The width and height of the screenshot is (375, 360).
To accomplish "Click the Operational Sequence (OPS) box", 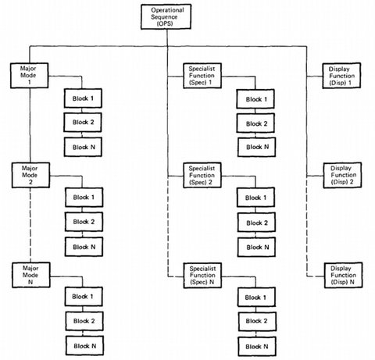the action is (166, 16).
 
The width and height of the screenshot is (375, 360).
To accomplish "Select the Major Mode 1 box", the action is (29, 76).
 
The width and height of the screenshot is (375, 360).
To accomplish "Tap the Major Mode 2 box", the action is (30, 175).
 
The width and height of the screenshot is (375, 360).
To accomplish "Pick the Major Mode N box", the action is (31, 275).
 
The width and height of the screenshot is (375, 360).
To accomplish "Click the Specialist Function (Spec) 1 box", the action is (202, 76).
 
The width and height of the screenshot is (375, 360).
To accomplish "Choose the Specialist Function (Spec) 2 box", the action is (202, 175).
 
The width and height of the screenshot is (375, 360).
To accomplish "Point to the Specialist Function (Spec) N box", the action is (202, 276).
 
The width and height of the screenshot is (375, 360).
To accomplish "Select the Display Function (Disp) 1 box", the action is (341, 76).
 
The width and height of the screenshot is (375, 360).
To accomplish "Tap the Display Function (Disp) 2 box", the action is (342, 176).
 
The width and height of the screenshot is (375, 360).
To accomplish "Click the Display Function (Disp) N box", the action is (343, 275).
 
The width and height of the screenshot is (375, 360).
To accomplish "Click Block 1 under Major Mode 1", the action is (83, 98).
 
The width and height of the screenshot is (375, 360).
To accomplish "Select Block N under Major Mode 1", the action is (83, 147).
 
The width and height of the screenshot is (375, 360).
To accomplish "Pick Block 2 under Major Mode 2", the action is (84, 222).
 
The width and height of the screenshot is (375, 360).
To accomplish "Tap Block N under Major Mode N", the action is (84, 346).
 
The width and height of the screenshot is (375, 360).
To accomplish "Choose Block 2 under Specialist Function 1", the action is (255, 123).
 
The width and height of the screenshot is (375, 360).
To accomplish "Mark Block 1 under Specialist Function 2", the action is (255, 198).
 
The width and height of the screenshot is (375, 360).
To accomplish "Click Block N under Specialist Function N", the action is (257, 347).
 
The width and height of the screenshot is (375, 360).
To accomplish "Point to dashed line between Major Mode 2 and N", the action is (30, 225).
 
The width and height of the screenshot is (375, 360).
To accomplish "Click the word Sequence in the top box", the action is (164, 17).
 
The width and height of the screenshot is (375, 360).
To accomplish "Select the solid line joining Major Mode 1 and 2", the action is (30, 126).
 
